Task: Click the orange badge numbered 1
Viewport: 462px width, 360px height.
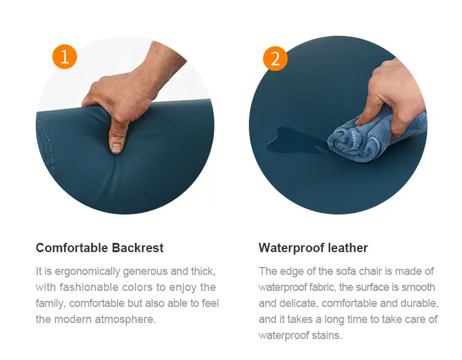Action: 65,57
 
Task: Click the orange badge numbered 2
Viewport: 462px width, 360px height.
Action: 275,59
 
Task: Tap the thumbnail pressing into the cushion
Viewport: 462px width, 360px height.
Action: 116,148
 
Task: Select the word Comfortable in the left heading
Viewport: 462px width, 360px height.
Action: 71,248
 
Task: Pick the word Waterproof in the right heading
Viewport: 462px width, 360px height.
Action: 291,248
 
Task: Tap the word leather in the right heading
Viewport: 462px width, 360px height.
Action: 347,248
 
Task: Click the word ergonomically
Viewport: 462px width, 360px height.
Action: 87,271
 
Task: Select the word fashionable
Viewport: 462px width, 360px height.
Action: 89,287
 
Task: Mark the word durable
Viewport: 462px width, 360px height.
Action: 421,303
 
